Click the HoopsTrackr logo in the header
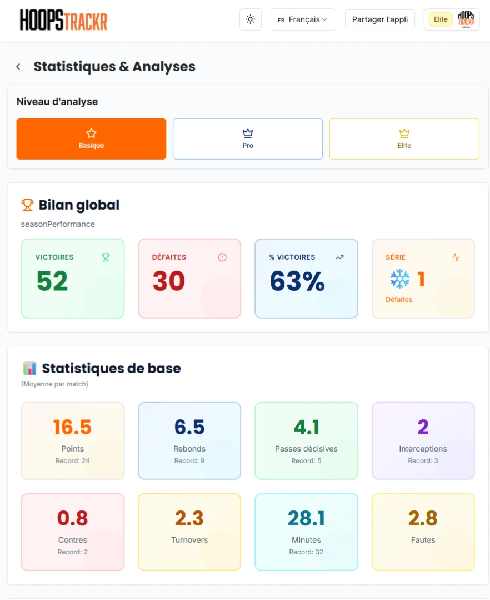63,19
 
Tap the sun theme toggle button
251,19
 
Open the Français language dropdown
303,19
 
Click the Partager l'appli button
379,19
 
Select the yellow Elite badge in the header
441,19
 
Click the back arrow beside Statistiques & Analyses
18,67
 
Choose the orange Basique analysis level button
91,139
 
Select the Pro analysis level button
248,139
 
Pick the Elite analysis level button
404,139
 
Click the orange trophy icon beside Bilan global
27,205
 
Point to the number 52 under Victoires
52,281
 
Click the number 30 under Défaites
169,281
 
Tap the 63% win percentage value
297,281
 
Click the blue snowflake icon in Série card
399,279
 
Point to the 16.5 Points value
72,427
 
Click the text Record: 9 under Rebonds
189,460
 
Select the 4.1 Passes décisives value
306,427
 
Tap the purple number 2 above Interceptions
423,427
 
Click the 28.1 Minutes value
306,518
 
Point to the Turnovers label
189,540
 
